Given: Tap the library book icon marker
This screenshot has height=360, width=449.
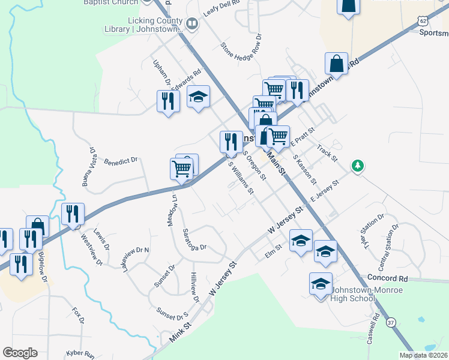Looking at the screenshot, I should tap(192, 24).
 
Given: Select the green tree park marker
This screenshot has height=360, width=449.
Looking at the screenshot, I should tap(358, 165).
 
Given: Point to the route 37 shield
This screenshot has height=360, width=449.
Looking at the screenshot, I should tap(391, 322).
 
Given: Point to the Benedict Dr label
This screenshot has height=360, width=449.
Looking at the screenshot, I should tap(121, 161).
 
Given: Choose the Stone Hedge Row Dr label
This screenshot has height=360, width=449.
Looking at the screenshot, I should tap(241, 53).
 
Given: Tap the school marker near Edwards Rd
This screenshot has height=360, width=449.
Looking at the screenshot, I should tap(198, 97).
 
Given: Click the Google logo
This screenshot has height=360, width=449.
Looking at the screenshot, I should tap(20, 353).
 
